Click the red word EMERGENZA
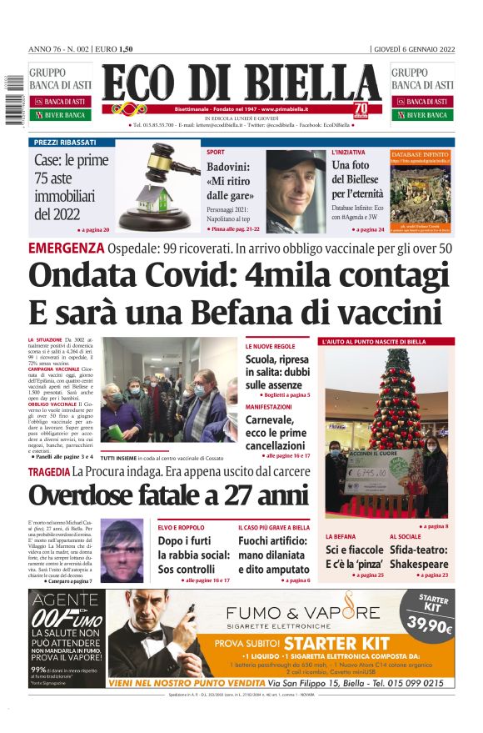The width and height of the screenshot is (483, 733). (x=66, y=248)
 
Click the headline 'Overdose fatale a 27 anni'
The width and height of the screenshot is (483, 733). (x=169, y=495)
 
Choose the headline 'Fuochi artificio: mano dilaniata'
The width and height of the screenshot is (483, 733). (x=274, y=555)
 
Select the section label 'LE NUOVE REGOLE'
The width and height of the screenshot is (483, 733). (x=270, y=345)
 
